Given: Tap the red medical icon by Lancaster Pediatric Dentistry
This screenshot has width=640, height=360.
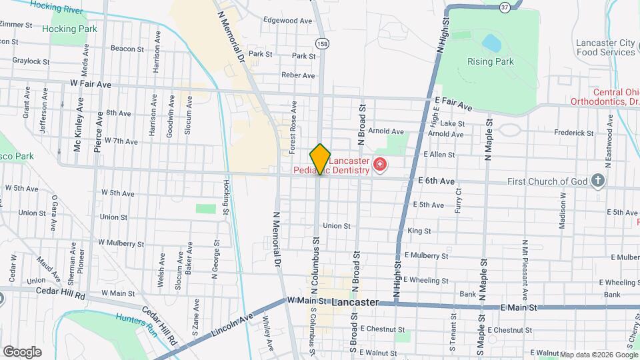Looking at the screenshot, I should pyautogui.click(x=379, y=164).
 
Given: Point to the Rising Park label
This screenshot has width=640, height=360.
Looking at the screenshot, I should pyautogui.click(x=490, y=61).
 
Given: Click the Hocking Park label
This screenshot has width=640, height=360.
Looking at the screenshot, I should pyautogui.click(x=69, y=29).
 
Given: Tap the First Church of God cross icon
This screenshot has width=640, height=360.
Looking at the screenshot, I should pyautogui.click(x=598, y=181).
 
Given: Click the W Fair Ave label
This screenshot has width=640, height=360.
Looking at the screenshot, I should pyautogui.click(x=91, y=84).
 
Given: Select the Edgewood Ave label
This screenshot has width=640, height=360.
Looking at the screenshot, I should pyautogui.click(x=287, y=21).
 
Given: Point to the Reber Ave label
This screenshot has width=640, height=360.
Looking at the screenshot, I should pyautogui.click(x=297, y=75).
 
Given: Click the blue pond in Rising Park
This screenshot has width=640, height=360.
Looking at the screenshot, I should pyautogui.click(x=492, y=43).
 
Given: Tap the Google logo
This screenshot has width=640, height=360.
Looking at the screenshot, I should pyautogui.click(x=22, y=351).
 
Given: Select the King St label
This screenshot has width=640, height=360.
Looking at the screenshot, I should pyautogui.click(x=419, y=231).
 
